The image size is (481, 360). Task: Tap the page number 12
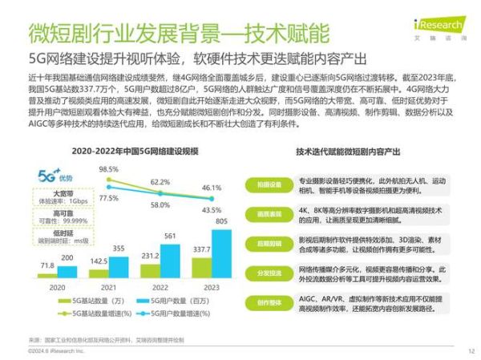(x=471, y=350)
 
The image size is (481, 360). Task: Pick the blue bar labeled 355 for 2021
(x=117, y=267)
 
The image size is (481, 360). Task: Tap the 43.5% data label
(x=212, y=209)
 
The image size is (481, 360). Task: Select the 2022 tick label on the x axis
(x=160, y=286)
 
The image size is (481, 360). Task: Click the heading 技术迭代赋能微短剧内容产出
(x=354, y=150)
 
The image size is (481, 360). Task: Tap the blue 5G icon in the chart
(x=49, y=172)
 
